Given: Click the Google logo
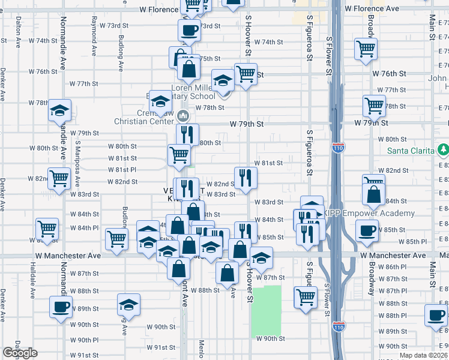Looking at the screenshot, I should click(x=20, y=353).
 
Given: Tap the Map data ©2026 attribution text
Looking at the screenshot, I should click(x=424, y=355).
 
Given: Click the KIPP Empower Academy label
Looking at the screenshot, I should click(x=369, y=214).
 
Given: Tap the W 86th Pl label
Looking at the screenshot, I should click(x=393, y=266).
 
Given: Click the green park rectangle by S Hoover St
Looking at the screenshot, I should click(x=266, y=310).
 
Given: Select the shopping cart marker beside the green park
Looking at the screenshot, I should click(x=306, y=296).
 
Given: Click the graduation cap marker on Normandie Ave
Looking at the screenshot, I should click(x=60, y=110).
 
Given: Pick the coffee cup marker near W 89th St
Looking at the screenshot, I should click(x=61, y=307).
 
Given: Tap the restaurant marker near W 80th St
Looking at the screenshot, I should click(x=187, y=134).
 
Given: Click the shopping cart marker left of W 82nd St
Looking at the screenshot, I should click(x=59, y=178).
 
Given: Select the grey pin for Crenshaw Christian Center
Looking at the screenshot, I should click(x=184, y=115).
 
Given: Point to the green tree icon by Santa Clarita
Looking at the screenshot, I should click(x=443, y=149).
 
